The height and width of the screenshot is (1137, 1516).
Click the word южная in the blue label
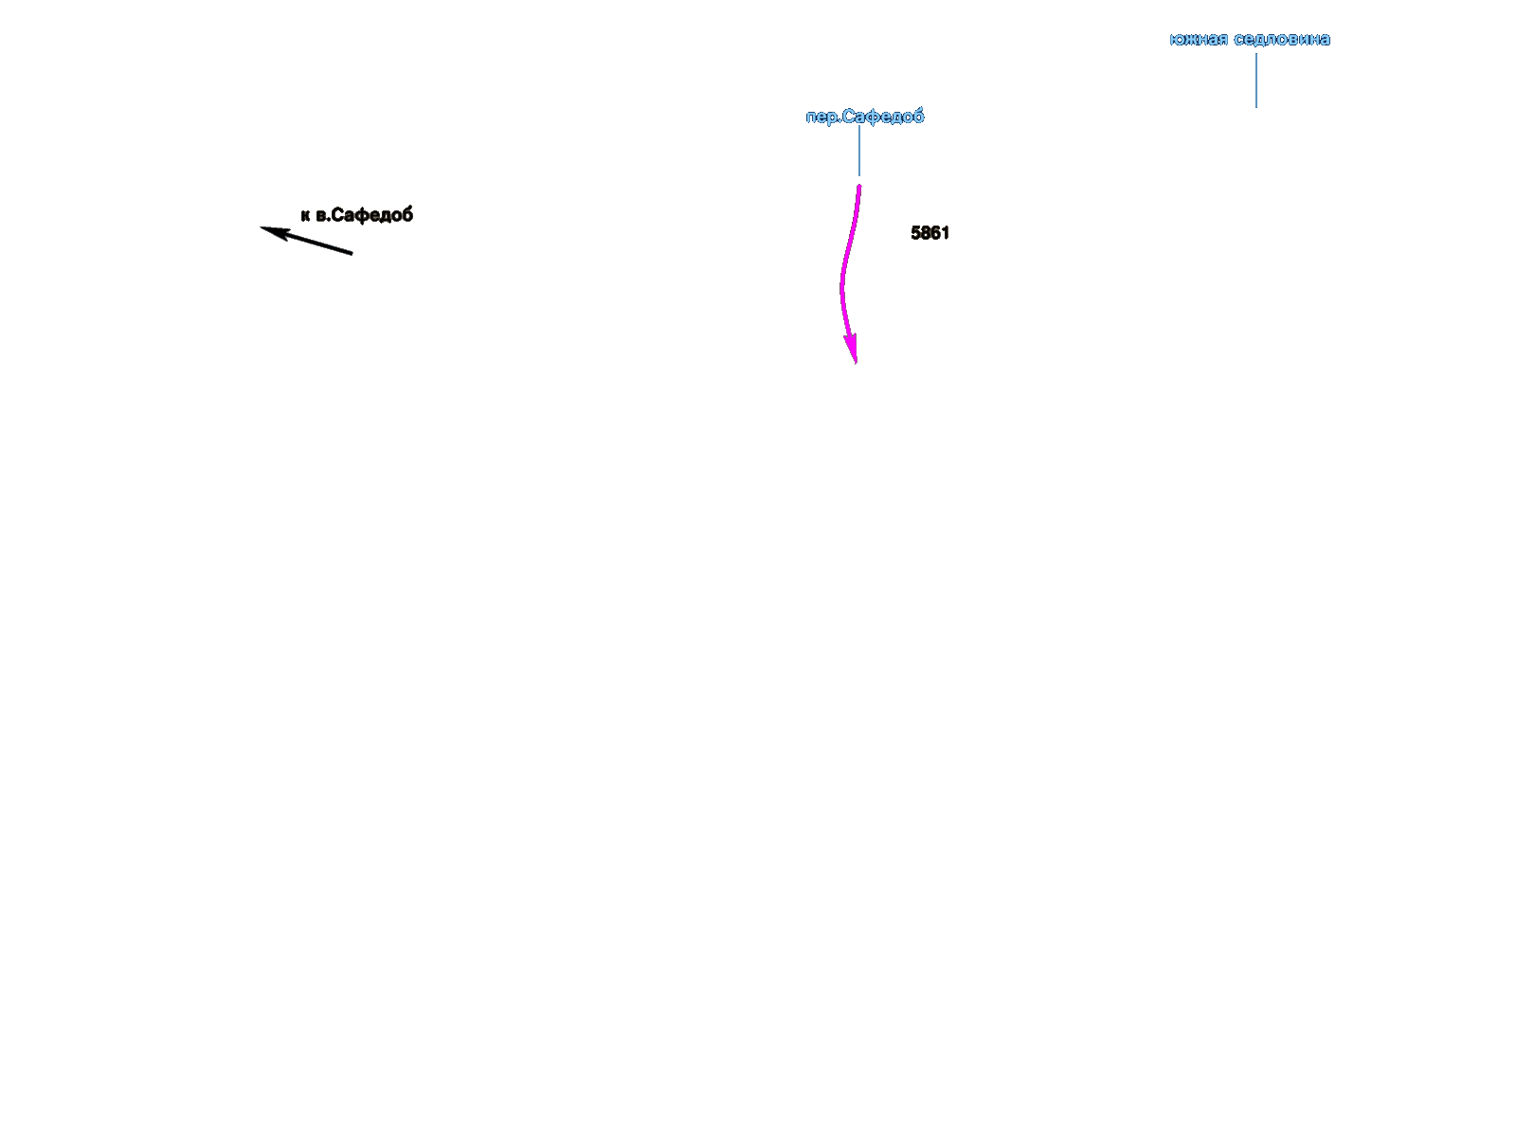1199,40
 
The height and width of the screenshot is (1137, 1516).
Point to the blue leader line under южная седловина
1256,81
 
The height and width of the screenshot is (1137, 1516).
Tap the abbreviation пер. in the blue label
822,117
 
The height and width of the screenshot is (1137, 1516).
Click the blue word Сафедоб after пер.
883,117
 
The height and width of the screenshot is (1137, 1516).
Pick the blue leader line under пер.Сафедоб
859,152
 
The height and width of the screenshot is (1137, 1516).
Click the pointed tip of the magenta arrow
856,362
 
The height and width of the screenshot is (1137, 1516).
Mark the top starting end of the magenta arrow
859,187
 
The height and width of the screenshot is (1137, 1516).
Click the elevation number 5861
929,233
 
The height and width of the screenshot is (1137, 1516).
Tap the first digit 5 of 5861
915,233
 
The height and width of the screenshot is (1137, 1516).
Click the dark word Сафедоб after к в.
372,215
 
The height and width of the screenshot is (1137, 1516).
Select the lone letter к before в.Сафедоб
305,216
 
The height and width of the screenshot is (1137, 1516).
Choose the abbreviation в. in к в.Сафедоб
322,216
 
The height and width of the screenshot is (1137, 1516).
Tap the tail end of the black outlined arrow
352,253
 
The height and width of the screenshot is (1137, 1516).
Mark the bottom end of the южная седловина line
1256,106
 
